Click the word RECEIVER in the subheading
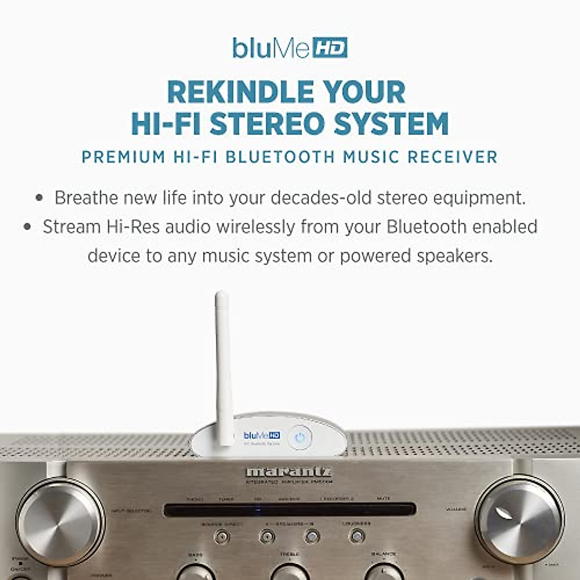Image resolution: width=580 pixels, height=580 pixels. click(x=452, y=157)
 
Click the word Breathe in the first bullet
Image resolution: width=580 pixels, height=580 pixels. click(x=86, y=198)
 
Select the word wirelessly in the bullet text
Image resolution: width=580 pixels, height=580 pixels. click(x=256, y=227)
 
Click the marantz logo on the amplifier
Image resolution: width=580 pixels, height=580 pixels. click(x=289, y=472)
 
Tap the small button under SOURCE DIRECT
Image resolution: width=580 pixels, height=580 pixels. click(x=222, y=536)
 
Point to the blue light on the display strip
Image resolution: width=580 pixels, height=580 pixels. click(x=258, y=509)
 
